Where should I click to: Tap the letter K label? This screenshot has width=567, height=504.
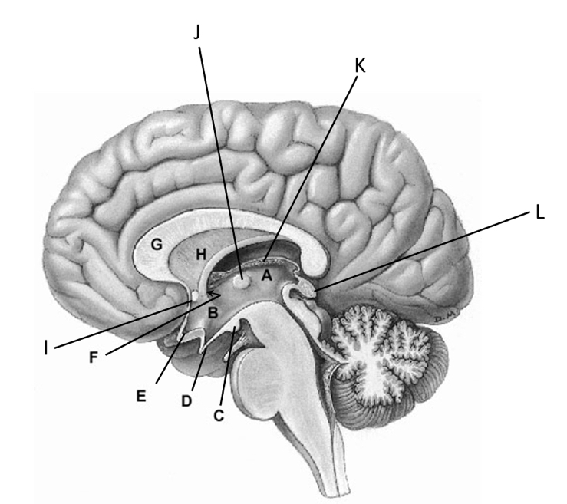[x=360, y=67]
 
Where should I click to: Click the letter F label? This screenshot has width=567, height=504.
[x=94, y=357]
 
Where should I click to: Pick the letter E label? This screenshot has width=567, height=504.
[x=140, y=396]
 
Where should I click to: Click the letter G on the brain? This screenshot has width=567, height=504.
[x=157, y=246]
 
